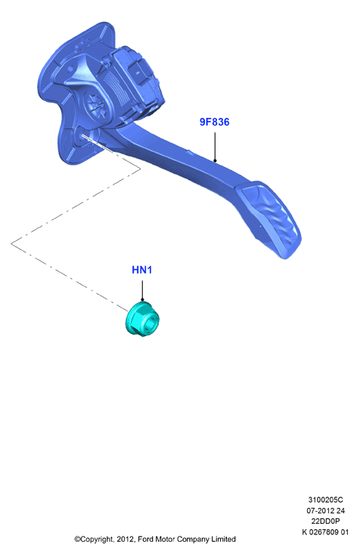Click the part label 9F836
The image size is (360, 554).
point(214,122)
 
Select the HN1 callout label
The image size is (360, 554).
point(142,270)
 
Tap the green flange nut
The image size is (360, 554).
point(142,319)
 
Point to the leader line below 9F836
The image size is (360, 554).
point(215,147)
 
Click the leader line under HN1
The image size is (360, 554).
point(142,291)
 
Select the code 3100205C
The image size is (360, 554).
point(325,500)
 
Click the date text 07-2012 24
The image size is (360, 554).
point(325,511)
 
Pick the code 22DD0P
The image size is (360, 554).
point(325,522)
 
